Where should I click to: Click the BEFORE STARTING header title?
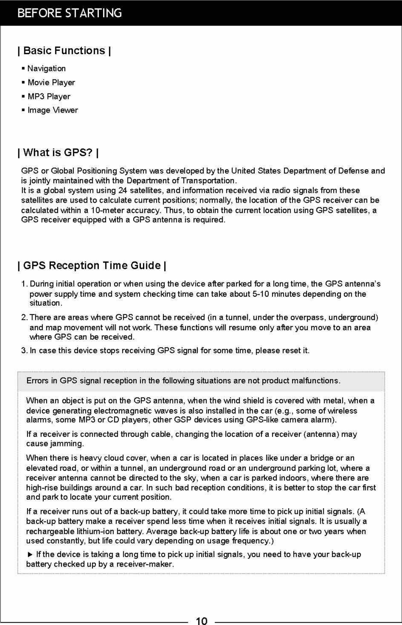coord(69,13)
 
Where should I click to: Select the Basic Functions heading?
coord(64,51)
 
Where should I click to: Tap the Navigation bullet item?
coord(47,69)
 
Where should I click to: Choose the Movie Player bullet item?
coord(51,82)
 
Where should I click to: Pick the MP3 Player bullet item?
coord(49,97)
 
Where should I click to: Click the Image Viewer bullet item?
coord(53,110)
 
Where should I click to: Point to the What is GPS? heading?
coord(58,153)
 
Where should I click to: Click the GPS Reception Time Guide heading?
coord(92,265)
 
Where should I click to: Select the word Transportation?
coord(209,181)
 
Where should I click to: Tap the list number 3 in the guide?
coord(24,350)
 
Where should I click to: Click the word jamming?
coord(71,444)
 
